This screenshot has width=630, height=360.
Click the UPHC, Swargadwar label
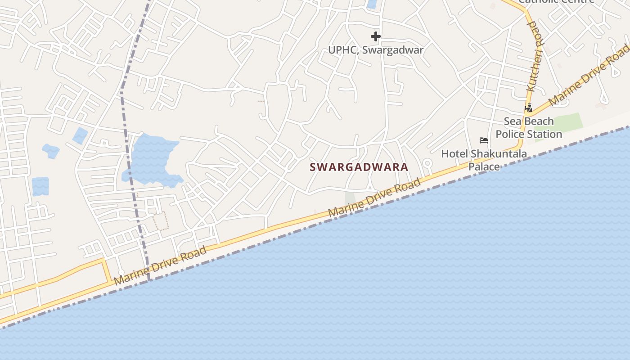coord(376,49)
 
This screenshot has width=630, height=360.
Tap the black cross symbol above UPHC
coord(376,36)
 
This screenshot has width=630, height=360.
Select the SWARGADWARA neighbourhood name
coord(359,167)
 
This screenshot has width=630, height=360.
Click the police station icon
coord(529,108)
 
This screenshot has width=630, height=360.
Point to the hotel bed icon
coord(484,140)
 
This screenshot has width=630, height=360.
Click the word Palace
coord(484,166)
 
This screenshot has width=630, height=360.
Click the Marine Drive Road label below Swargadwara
coord(374,197)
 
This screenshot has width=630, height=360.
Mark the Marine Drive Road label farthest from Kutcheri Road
coord(160,265)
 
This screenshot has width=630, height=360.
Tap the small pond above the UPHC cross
coord(372,4)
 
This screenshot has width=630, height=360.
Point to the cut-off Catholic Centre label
coord(556,1)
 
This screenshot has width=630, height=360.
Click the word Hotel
coord(454,154)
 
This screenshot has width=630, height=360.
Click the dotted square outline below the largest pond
coord(161,221)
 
